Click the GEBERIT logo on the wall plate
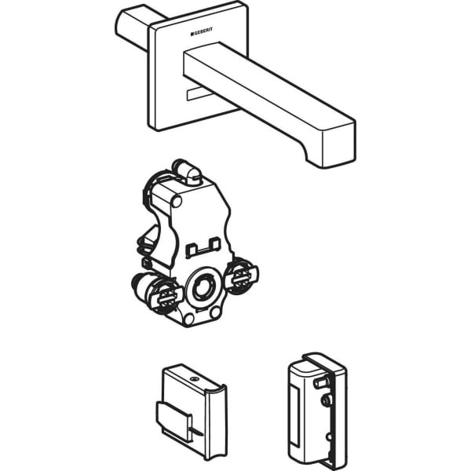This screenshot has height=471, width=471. pos(201,31)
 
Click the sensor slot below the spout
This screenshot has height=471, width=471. pos(198,93)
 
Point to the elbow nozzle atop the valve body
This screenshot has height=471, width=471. pos(187,172)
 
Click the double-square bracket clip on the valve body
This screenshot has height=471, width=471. pos(203,247)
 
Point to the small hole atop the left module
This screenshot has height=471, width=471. pos(193,379)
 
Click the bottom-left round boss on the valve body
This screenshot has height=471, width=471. pos(188,319)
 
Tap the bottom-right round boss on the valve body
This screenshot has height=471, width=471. pos(215,312)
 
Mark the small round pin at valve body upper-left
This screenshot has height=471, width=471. pos(177,201)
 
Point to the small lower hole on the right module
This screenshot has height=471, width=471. pos(330,436)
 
